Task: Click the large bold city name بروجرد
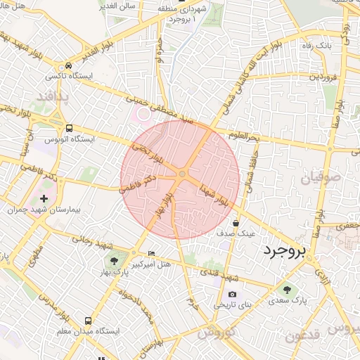pyautogui.click(x=285, y=252)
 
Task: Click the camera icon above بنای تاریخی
pyautogui.click(x=232, y=295)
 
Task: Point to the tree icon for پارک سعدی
pyautogui.click(x=286, y=289)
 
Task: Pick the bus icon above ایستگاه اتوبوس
pyautogui.click(x=69, y=129)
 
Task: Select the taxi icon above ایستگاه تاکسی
pyautogui.click(x=67, y=64)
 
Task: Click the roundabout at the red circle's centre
pyautogui.click(x=182, y=174)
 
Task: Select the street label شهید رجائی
pyautogui.click(x=94, y=240)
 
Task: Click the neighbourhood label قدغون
pyautogui.click(x=304, y=336)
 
